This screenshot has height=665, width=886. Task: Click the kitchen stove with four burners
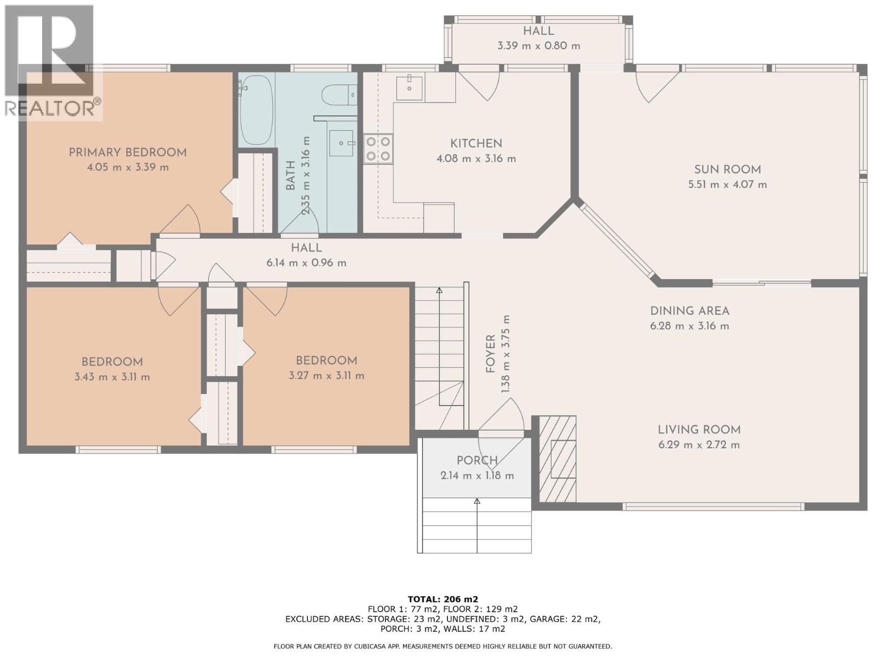pos(378,149)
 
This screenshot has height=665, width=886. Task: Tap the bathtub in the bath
pos(256,110)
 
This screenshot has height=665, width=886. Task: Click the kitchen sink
pos(409,87)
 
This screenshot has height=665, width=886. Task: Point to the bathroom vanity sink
pos(342,143)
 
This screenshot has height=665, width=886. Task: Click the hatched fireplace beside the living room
pos(558,458)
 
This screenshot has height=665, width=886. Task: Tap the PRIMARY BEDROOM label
pos(127,152)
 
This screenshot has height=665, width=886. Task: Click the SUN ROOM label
pos(728,170)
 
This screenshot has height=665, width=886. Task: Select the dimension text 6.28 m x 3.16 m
pos(689,326)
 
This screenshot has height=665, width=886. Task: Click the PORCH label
pos(477,461)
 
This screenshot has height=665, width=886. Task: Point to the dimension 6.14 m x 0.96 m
pos(306,263)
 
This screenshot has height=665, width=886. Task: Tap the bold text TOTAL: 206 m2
pos(443,599)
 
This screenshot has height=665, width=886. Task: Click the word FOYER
pos(491,354)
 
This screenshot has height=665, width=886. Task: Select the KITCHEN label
pos(476,144)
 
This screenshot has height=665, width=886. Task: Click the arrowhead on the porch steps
pos(477,501)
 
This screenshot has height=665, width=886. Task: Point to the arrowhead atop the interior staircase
pos(439,290)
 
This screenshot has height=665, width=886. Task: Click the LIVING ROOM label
pos(699,429)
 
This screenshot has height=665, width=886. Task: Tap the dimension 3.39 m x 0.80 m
pos(538,45)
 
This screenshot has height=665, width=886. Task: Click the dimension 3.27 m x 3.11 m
pos(327,376)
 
